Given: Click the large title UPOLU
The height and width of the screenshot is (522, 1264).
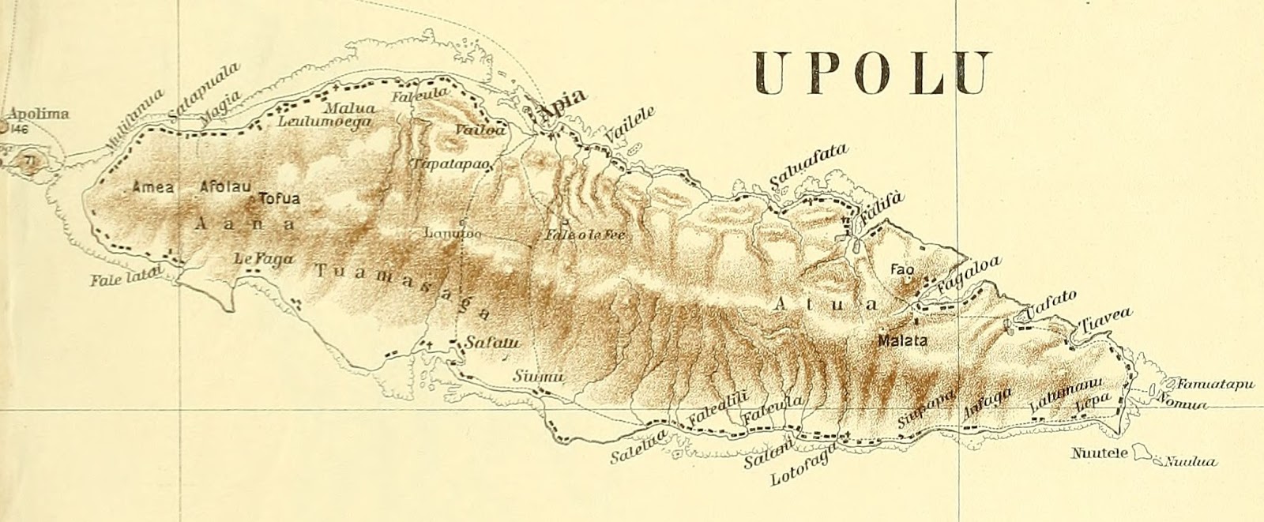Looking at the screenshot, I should tap(871, 73).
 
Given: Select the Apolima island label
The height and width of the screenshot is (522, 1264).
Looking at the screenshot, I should tap(37, 114).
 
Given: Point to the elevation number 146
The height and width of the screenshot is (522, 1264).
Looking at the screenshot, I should tap(19, 128).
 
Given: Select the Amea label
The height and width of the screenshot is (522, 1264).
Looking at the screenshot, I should tap(153, 188).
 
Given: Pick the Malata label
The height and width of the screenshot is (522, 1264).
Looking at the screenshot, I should tap(901, 342).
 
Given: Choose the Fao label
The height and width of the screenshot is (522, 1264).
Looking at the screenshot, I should tap(902, 269).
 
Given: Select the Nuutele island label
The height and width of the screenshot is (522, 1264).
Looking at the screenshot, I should tap(1099, 453).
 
